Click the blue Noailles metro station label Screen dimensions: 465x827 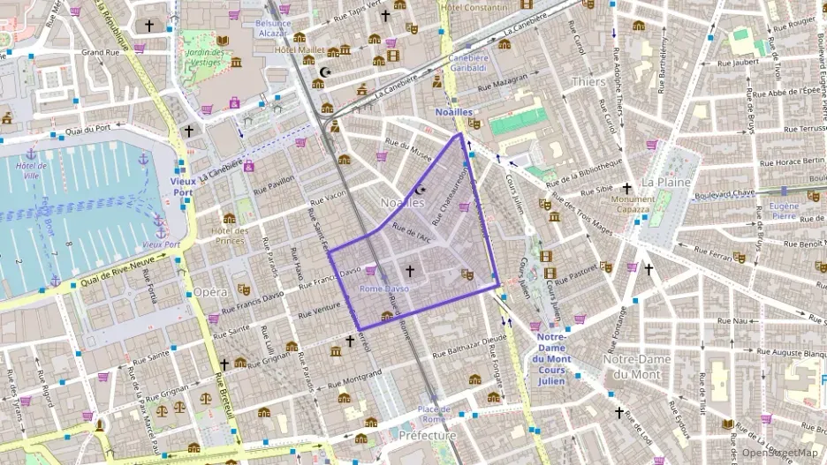click(x=453, y=112)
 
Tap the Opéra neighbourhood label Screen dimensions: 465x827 click(x=210, y=291)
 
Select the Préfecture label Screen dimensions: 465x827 click(x=427, y=436)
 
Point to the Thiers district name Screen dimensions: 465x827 click(x=588, y=82)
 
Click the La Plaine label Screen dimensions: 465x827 click(x=659, y=182)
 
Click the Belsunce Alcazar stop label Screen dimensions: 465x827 click(x=273, y=27)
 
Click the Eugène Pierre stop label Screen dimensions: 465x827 click(x=784, y=209)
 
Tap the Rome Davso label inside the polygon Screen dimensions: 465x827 click(x=384, y=289)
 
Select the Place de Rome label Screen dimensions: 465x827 click(x=435, y=413)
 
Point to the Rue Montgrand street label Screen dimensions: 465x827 click(x=354, y=379)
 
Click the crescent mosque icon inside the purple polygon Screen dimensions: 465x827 click(x=420, y=190)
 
